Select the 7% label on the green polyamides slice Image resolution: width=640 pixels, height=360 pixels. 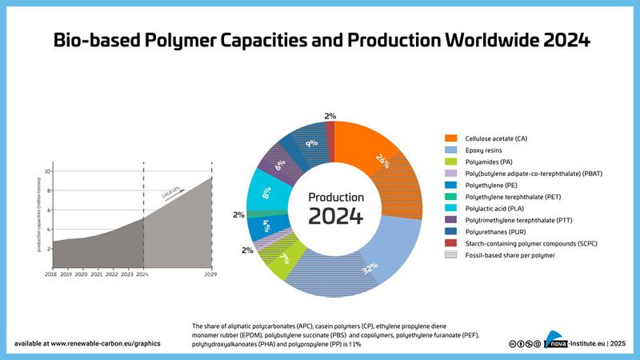[285, 259]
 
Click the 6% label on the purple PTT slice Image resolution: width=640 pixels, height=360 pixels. [280, 165]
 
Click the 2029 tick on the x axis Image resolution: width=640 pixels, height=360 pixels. [211, 274]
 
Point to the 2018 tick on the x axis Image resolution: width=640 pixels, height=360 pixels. [52, 274]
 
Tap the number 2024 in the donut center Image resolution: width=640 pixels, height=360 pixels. [336, 216]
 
